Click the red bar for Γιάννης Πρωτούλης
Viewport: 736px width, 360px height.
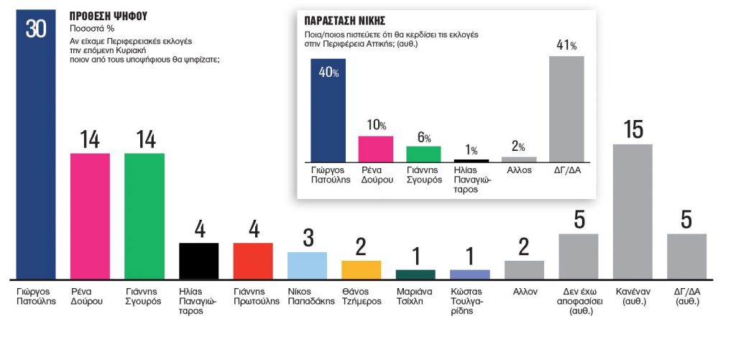pos(253,261)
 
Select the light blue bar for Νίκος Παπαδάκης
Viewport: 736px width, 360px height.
pos(307,265)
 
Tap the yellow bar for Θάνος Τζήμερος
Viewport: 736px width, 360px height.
pos(361,269)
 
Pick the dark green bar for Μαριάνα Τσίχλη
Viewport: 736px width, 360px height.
pos(415,274)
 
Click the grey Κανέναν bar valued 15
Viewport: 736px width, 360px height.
pos(632,211)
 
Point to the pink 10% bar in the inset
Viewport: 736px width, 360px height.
pos(376,149)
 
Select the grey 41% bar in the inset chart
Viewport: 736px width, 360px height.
pos(566,109)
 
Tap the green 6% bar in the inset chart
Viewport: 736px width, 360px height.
pos(423,154)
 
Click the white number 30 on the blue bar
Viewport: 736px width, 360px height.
pos(36,29)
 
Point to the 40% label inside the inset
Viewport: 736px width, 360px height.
pos(329,73)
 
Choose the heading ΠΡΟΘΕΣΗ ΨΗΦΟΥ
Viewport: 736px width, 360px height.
pos(109,16)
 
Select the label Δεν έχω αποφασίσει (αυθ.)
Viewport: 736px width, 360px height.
pos(579,302)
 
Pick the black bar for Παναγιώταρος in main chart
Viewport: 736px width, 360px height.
pos(198,261)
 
